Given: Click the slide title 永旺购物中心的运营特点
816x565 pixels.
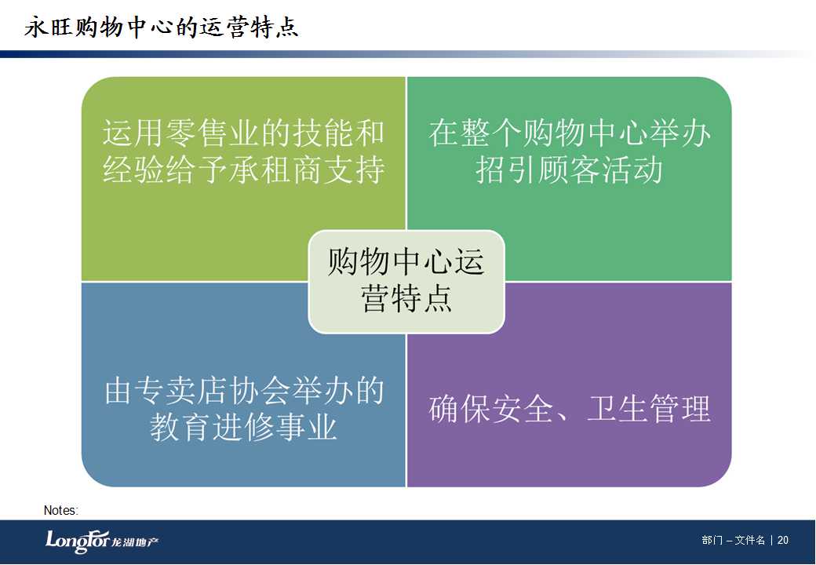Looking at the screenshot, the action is pos(162,27).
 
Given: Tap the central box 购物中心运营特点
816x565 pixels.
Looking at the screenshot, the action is pos(406,281).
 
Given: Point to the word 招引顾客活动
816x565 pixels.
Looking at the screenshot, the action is pos(570,169).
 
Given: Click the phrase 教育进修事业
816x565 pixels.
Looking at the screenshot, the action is pos(243,427).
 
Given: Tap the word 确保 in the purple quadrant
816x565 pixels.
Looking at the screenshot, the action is pos(460,409).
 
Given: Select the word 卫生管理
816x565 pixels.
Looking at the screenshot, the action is pos(648,409).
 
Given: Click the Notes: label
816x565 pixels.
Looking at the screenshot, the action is pos(61,510).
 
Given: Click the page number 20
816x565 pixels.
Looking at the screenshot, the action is pos(783,541).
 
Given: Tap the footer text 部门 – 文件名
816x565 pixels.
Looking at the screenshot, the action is pos(734,541).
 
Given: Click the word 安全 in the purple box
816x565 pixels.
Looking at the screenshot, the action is pos(523,409).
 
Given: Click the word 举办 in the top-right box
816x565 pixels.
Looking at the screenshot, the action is pos(680,133).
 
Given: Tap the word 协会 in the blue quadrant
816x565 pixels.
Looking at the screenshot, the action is pos(260,392).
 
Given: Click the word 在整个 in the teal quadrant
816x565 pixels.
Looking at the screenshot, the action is pos(475,133).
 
